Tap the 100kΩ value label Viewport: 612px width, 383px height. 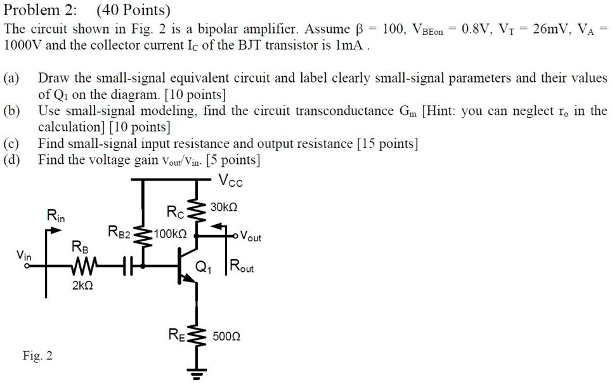tap(169, 234)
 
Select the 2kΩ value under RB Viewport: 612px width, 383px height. tap(82, 286)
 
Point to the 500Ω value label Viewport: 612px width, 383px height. tap(227, 337)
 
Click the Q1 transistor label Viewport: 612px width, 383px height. tap(204, 267)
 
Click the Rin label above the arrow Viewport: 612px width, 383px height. tap(56, 216)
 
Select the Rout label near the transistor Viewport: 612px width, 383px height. tap(242, 267)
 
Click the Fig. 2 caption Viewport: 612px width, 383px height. tap(37, 356)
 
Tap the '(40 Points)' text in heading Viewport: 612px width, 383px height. tap(134, 11)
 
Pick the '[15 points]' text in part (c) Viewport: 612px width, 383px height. tap(387, 144)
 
